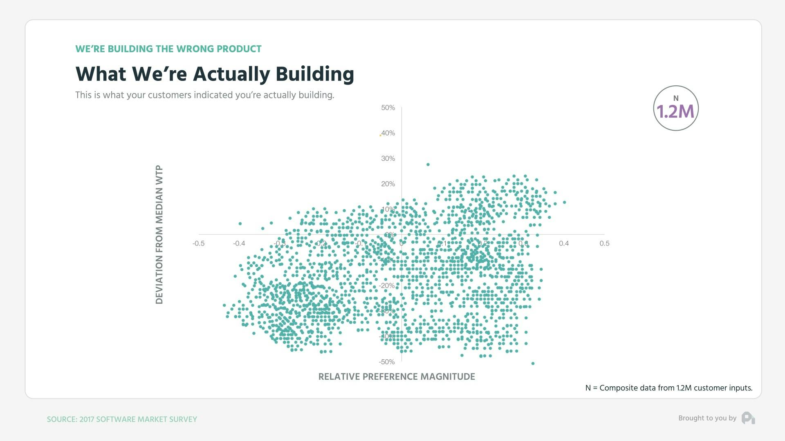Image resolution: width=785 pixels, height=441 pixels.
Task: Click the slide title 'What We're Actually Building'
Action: pyautogui.click(x=215, y=74)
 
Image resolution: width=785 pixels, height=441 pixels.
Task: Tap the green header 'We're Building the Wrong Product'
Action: pyautogui.click(x=168, y=49)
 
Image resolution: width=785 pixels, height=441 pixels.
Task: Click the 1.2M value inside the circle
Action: pyautogui.click(x=675, y=111)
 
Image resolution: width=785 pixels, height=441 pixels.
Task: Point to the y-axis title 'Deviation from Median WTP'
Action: pyautogui.click(x=159, y=234)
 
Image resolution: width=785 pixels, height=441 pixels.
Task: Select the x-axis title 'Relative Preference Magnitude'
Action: pyautogui.click(x=396, y=376)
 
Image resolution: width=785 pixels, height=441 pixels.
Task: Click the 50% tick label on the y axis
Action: pyautogui.click(x=388, y=108)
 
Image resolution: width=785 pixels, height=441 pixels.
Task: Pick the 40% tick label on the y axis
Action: pyautogui.click(x=388, y=133)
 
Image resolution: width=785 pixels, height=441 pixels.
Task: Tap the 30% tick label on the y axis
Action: pyautogui.click(x=388, y=158)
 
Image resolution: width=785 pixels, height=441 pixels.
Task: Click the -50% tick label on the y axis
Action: pyautogui.click(x=386, y=362)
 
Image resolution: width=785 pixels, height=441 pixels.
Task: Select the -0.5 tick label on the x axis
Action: pyautogui.click(x=198, y=243)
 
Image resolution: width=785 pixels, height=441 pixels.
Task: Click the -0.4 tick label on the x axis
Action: pyautogui.click(x=239, y=243)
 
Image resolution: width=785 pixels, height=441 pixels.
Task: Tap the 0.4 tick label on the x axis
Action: pyautogui.click(x=563, y=243)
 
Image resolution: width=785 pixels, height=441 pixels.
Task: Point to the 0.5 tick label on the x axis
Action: pyautogui.click(x=604, y=243)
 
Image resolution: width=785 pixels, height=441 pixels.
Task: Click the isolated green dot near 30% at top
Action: pyautogui.click(x=428, y=165)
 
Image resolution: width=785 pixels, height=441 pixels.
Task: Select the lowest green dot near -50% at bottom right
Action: pyautogui.click(x=532, y=363)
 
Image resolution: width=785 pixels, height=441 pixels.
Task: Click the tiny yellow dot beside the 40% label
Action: pyautogui.click(x=380, y=135)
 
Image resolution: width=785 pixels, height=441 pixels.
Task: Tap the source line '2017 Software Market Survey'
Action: pyautogui.click(x=122, y=419)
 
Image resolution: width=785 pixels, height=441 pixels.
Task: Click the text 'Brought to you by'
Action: pyautogui.click(x=707, y=418)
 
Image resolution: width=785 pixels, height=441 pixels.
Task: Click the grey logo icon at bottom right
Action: pyautogui.click(x=748, y=418)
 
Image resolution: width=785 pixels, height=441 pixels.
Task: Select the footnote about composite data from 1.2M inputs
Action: pyautogui.click(x=668, y=388)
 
